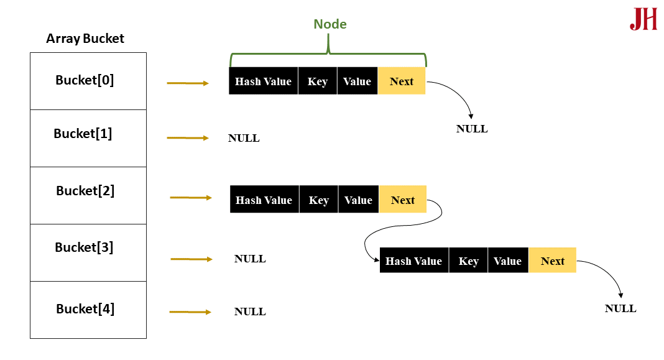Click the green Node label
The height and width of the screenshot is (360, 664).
[x=330, y=24]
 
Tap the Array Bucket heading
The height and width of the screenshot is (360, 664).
[x=85, y=39]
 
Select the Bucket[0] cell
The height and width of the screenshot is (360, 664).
[x=88, y=81]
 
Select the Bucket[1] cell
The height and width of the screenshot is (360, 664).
[x=88, y=138]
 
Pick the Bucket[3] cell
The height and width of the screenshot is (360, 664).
[x=88, y=252]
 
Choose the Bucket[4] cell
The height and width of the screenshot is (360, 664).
[x=88, y=310]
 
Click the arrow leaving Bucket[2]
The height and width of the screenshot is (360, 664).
[x=190, y=198]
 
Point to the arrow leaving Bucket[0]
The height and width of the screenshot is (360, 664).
[x=188, y=83]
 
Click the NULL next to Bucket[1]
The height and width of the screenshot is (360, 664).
[x=244, y=139]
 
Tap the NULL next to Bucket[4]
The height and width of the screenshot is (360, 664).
[x=250, y=312]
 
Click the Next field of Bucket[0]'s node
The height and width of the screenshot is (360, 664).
[x=402, y=81]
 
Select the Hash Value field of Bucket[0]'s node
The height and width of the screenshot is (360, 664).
[x=263, y=81]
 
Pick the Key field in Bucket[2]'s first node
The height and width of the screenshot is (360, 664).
[x=318, y=200]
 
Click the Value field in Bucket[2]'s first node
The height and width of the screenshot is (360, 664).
[x=358, y=200]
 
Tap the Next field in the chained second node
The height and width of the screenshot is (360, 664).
[x=552, y=261]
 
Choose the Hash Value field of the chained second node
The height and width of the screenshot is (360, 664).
[x=413, y=261]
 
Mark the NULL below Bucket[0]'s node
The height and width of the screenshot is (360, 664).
[x=472, y=129]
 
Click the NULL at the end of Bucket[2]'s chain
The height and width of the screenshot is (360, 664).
[x=620, y=308]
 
